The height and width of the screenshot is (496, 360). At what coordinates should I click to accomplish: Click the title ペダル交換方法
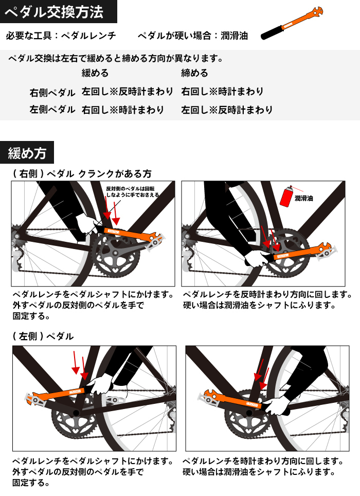[x=54, y=12]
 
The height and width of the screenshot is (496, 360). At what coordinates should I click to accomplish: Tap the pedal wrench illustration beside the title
[x=292, y=23]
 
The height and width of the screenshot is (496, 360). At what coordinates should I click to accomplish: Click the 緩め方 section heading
[x=27, y=153]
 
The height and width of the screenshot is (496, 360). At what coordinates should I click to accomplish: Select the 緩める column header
[x=95, y=73]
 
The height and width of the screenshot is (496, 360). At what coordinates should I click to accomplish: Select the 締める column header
[x=195, y=73]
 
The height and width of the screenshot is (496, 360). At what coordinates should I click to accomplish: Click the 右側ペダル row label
[x=52, y=93]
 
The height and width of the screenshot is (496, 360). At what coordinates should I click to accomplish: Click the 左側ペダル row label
[x=52, y=110]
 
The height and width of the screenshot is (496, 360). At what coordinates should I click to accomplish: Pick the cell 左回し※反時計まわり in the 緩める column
[x=128, y=92]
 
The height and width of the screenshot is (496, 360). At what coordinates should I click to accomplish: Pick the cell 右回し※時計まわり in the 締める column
[x=222, y=92]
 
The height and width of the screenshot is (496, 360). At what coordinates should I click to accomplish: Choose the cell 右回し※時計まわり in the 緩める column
[x=122, y=110]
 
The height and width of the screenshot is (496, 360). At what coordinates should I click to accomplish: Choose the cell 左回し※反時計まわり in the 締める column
[x=227, y=110]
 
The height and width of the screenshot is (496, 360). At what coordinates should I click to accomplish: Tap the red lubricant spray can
[x=286, y=196]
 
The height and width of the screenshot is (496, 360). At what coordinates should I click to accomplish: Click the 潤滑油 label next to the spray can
[x=304, y=198]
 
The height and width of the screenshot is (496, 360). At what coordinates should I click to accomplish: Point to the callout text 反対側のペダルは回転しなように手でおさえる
[x=132, y=192]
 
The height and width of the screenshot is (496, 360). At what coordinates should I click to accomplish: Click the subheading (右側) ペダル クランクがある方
[x=82, y=174]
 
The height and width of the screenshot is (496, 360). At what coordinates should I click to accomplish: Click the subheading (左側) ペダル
[x=43, y=336]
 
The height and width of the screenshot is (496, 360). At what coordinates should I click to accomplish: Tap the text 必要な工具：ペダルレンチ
[x=61, y=36]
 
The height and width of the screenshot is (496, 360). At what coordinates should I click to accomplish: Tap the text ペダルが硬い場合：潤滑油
[x=193, y=36]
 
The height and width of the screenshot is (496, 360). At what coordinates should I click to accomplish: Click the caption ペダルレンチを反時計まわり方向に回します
[x=267, y=294]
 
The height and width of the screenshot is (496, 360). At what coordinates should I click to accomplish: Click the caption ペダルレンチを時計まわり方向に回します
[x=263, y=461]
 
